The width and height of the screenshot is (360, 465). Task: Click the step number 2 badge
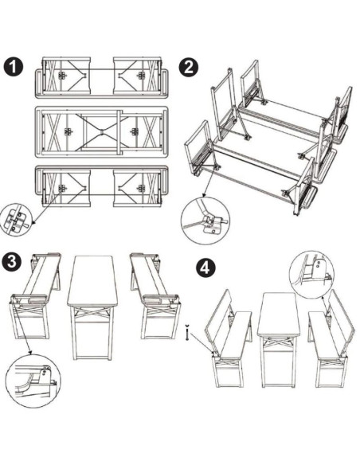click(188, 67)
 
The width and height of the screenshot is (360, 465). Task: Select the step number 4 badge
click(205, 268)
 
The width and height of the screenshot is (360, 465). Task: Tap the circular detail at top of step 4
click(311, 275)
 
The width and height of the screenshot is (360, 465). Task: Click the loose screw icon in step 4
click(186, 333)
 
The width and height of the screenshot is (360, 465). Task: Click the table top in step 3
click(92, 281)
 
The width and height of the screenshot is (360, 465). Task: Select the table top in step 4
click(278, 315)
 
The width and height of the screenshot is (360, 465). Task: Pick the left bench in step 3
click(36, 295)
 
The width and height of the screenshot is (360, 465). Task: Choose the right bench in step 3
click(155, 295)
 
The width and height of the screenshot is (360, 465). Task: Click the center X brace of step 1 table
click(101, 131)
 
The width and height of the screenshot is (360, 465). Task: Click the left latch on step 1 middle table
click(68, 131)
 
